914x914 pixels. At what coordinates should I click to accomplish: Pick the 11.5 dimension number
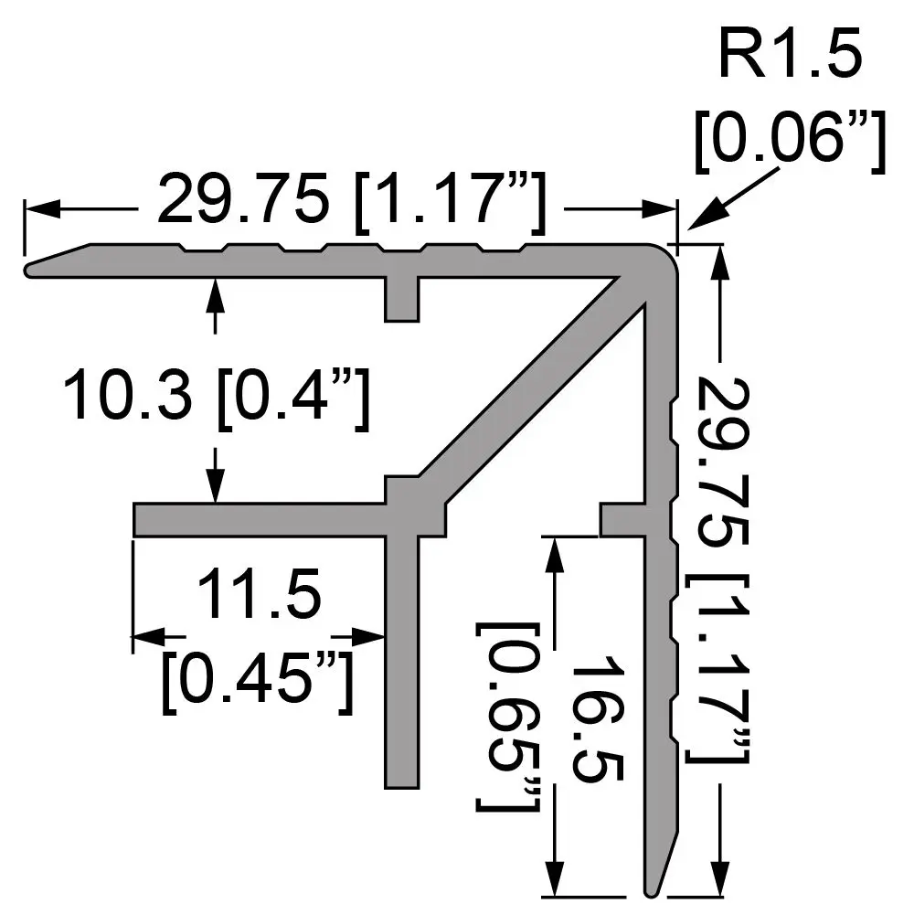tap(259, 594)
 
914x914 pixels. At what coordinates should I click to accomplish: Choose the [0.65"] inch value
tap(507, 717)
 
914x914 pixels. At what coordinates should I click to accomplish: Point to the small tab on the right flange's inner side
tap(622, 518)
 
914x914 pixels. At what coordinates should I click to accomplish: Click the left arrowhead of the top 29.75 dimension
tap(41, 209)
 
